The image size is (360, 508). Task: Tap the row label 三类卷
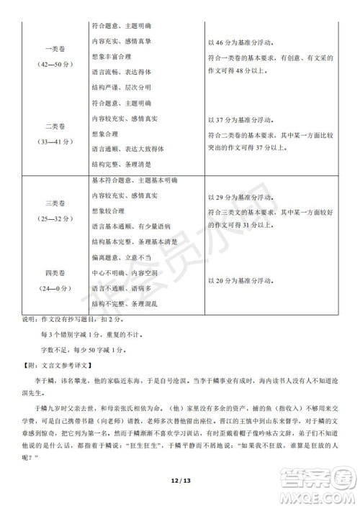coord(55,203)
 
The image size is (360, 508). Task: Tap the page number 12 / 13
coord(179,479)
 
